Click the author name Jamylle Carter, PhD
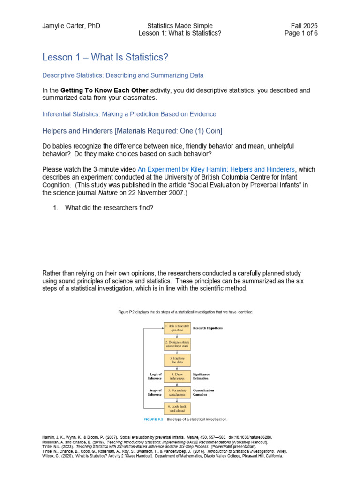pos(71,26)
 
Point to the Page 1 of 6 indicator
pos(301,34)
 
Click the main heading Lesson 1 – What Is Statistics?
pos(105,57)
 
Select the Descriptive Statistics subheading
pos(123,75)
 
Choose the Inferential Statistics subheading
pos(129,114)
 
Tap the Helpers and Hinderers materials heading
pos(132,130)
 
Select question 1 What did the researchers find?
pos(109,208)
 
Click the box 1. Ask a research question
pos(177,327)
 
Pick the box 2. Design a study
pos(177,344)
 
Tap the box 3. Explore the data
pos(177,360)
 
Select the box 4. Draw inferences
pos(177,376)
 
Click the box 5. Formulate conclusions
pos(177,392)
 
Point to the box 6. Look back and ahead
pos(177,408)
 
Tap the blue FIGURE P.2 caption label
pos(153,419)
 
